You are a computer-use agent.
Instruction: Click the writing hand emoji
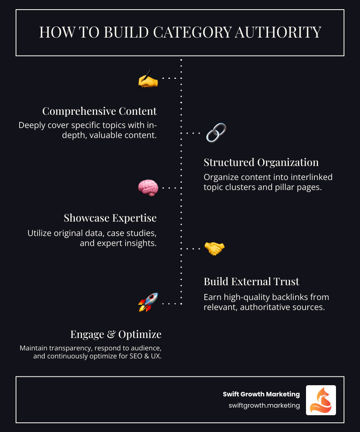point(148,80)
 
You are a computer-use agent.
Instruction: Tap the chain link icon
point(216,133)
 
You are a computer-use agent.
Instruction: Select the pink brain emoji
point(148,188)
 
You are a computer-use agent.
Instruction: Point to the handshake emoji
point(214,248)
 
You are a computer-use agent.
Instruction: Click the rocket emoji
point(148,302)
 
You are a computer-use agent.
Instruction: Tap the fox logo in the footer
point(321,400)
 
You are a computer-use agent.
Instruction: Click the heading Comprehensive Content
point(100,111)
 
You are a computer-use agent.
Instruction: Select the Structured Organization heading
point(261,162)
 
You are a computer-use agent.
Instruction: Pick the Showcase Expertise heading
point(110,218)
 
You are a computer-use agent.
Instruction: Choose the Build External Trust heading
point(251,282)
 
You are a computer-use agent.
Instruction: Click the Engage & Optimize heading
point(116,334)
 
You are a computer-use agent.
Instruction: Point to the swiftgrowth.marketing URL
point(264,405)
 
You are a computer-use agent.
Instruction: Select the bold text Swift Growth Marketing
point(261,394)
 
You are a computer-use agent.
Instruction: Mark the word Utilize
point(41,233)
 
